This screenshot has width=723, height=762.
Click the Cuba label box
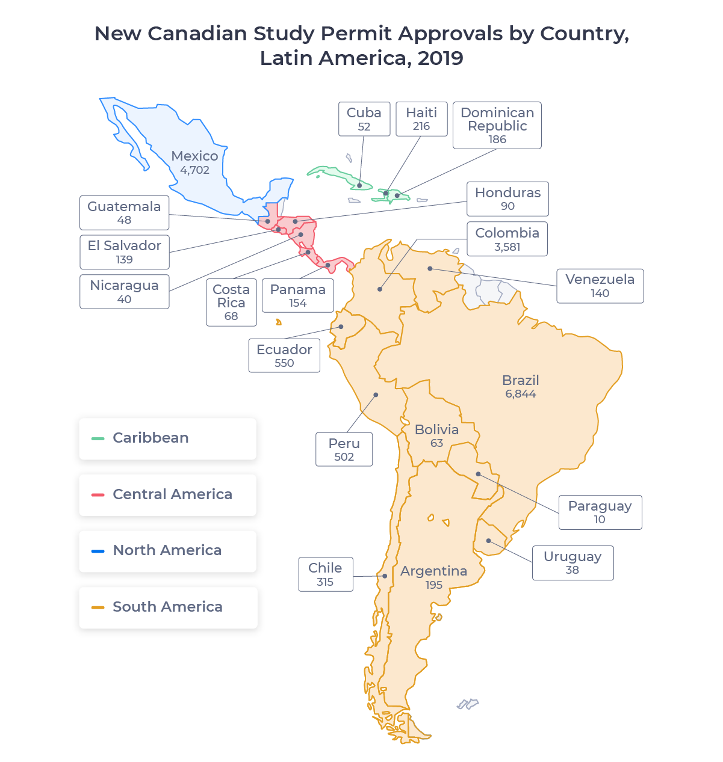(x=364, y=119)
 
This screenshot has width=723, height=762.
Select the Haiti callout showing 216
(x=421, y=119)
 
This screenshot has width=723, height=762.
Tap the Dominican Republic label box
(x=497, y=125)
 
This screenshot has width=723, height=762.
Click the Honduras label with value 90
(x=507, y=198)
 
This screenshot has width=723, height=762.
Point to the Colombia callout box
(x=507, y=239)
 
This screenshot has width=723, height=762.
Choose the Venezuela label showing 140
(x=600, y=286)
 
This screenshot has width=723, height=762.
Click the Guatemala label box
(x=124, y=212)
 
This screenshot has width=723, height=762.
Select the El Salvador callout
(x=124, y=252)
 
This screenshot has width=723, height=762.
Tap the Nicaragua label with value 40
(x=124, y=292)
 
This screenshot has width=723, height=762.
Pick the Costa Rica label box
(x=231, y=303)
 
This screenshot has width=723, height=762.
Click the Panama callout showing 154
(x=297, y=295)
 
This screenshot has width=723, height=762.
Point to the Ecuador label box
(x=284, y=355)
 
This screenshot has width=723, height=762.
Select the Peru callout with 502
(x=344, y=449)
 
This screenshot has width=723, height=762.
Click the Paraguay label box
(x=600, y=512)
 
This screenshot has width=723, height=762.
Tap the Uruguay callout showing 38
(x=573, y=563)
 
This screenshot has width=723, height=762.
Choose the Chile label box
(x=325, y=574)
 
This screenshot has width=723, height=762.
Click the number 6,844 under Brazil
(x=521, y=394)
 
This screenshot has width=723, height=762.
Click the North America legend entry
(x=168, y=550)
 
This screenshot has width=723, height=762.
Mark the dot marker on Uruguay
(x=489, y=541)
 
